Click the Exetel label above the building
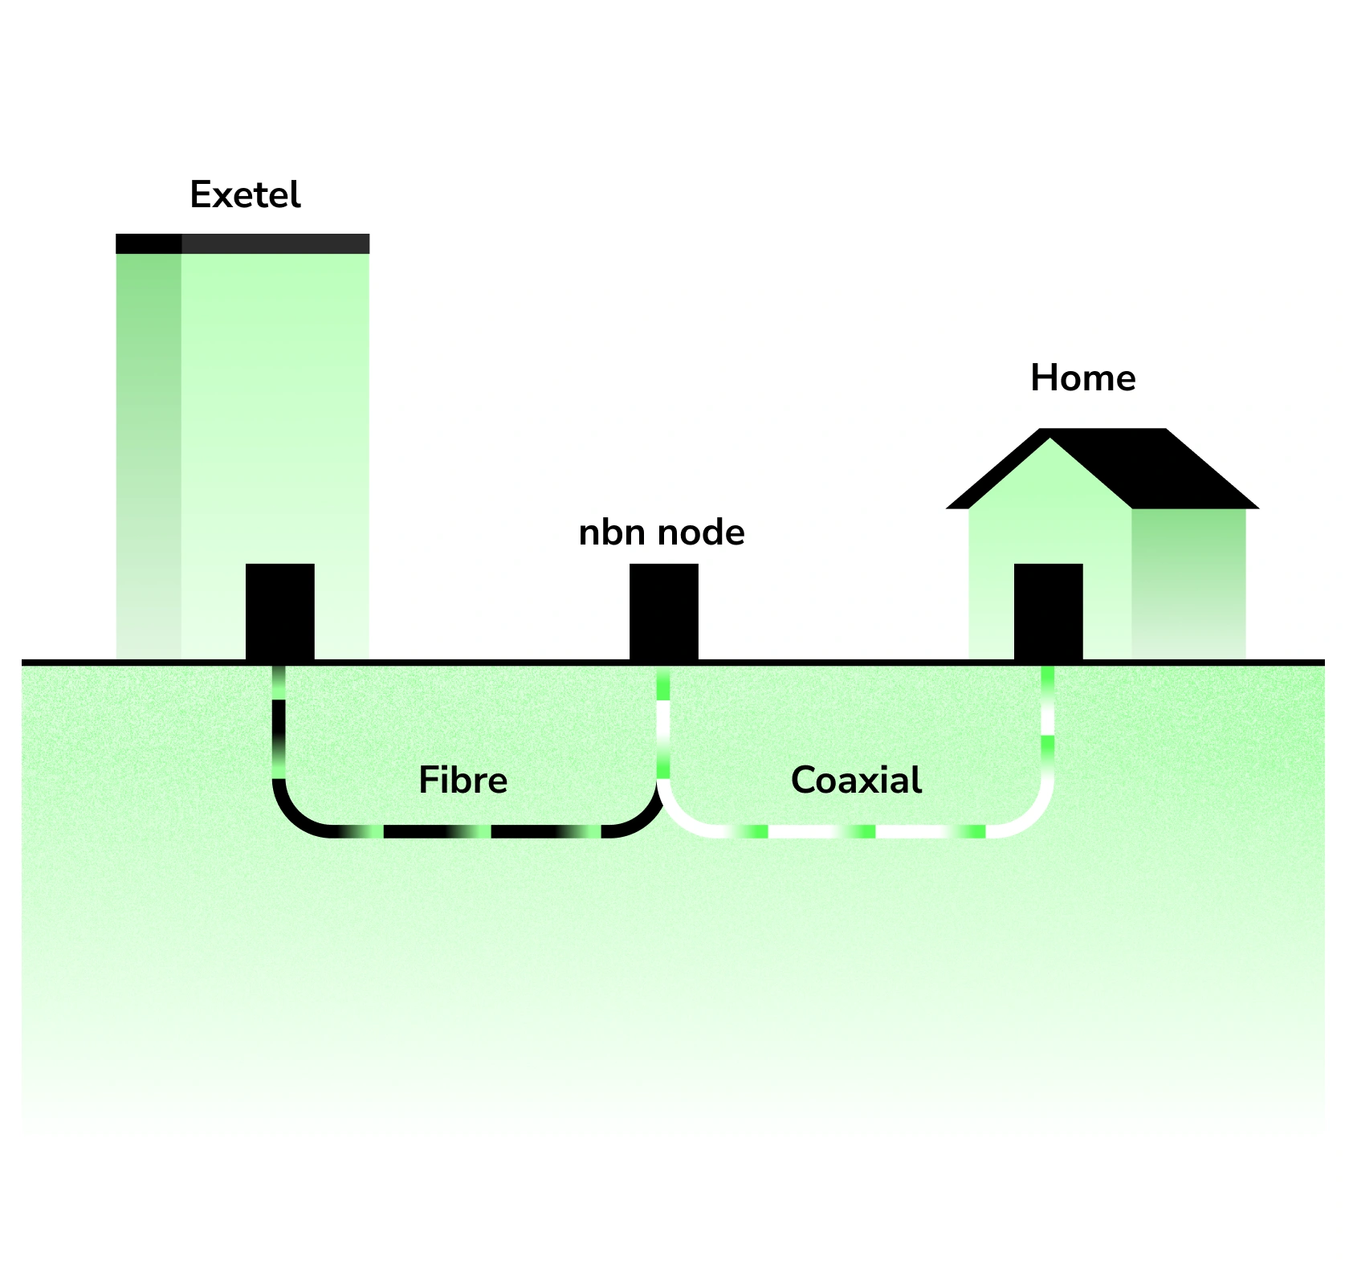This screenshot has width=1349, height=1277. [245, 195]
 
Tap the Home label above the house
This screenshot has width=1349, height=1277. [1082, 378]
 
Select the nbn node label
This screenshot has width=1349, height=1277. [662, 532]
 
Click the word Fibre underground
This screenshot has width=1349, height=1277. [463, 781]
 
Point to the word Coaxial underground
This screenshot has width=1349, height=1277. [856, 781]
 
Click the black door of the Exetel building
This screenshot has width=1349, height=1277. [279, 611]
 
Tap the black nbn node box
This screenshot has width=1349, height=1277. [663, 611]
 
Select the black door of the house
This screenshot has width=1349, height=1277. [1048, 611]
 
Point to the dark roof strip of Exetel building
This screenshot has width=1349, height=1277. [242, 243]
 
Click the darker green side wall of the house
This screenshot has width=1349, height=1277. [1188, 578]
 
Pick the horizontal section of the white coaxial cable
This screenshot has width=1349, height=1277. [819, 831]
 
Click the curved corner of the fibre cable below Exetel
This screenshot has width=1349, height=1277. [293, 815]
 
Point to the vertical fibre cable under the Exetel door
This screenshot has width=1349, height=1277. [279, 723]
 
